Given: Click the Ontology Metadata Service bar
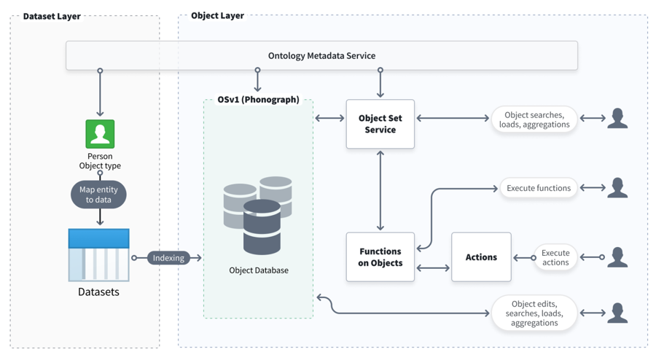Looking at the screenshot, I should click(x=321, y=55).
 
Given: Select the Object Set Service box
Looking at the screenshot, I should click(x=380, y=124).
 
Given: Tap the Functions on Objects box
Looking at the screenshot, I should click(x=380, y=257).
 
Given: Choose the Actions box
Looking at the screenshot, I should click(x=481, y=257).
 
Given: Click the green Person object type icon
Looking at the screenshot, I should click(x=100, y=134).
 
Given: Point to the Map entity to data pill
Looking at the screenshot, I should click(x=99, y=195).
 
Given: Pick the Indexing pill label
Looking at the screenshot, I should click(x=168, y=258).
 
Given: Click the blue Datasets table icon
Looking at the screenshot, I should click(x=99, y=255).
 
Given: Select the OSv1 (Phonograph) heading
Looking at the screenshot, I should click(x=258, y=100).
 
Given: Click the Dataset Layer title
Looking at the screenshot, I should click(x=52, y=16).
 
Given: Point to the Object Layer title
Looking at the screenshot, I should click(x=217, y=15).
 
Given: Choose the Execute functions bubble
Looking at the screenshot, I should click(x=539, y=188).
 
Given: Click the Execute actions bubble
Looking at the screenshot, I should click(x=555, y=257).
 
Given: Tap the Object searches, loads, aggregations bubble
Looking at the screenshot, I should click(x=534, y=120).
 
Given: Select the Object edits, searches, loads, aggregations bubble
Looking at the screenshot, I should click(x=534, y=313).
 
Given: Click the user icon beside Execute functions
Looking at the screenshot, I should click(x=617, y=188).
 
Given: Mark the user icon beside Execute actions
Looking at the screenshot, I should click(x=617, y=257).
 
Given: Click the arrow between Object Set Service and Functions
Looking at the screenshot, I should click(x=380, y=190).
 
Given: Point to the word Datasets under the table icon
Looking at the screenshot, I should click(x=98, y=292).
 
